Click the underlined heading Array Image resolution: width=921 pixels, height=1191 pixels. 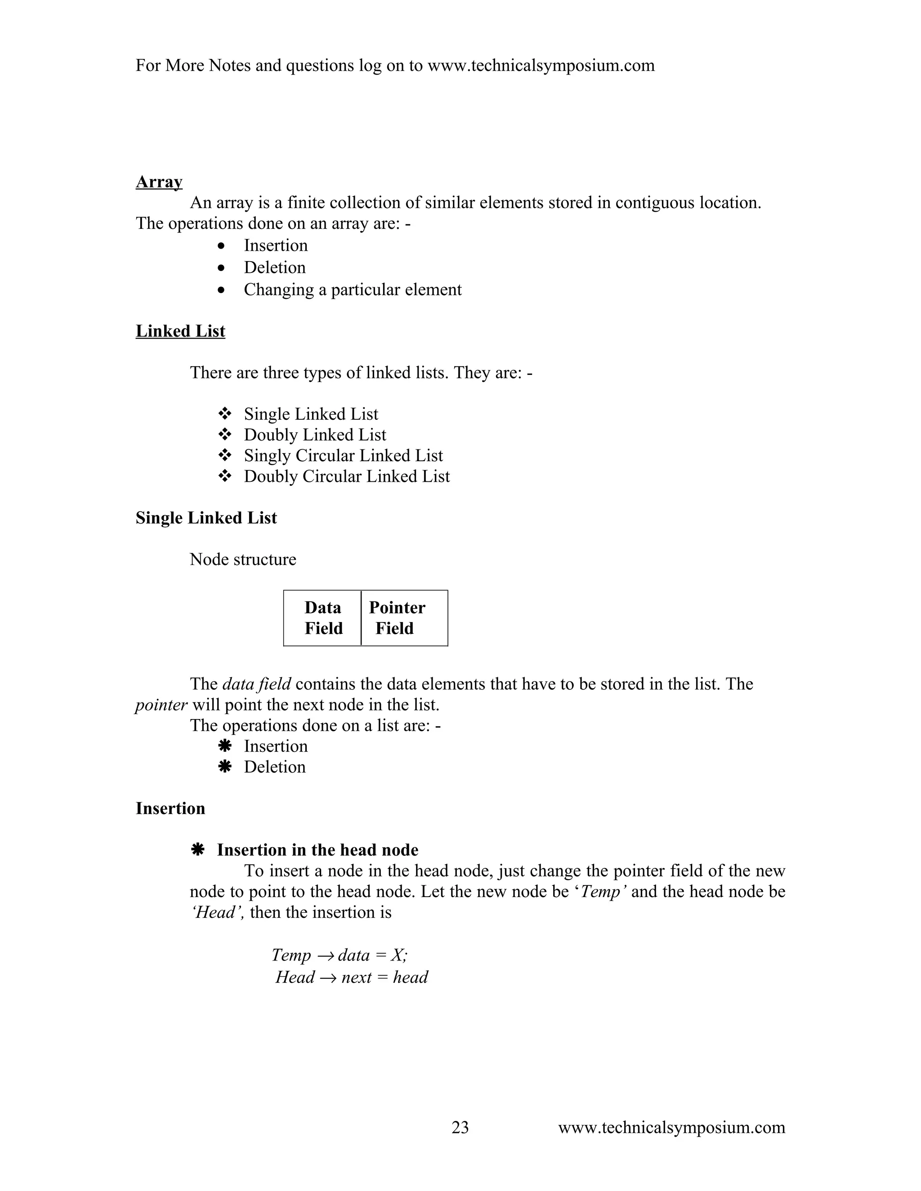159,182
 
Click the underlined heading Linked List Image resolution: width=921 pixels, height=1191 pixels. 180,331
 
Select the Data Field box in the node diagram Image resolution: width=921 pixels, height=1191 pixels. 322,618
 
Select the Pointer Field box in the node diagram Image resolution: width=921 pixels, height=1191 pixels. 404,618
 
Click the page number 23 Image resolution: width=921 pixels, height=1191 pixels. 460,1127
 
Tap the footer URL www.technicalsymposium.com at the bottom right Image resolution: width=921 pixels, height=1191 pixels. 671,1127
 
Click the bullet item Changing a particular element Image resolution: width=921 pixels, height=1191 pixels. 352,289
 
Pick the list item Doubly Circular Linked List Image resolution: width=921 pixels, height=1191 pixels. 346,476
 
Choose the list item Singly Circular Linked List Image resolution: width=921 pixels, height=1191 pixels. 343,455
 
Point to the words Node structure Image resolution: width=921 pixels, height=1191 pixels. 243,559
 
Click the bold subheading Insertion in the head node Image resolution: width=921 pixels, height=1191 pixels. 317,849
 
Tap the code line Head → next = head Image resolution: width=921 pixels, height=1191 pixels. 351,977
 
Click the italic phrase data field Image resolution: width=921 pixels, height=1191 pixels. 256,684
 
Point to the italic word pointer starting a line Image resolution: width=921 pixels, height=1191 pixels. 161,705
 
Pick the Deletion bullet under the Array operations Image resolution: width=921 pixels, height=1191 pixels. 274,267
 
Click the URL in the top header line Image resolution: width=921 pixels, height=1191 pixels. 540,66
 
